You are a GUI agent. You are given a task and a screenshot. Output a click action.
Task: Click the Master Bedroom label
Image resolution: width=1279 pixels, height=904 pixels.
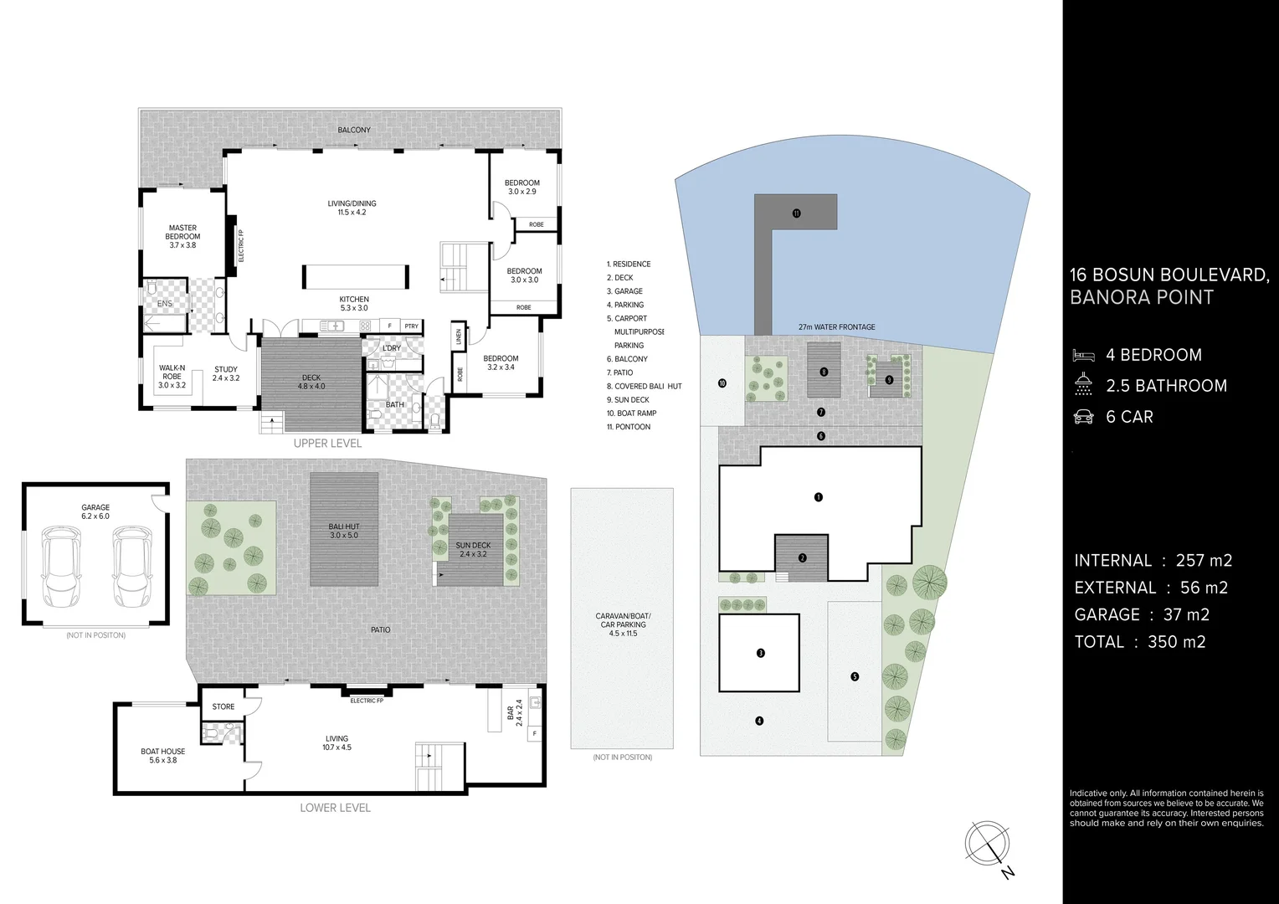(x=182, y=236)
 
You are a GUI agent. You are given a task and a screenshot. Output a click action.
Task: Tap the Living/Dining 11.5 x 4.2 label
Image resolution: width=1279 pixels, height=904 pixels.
(x=352, y=208)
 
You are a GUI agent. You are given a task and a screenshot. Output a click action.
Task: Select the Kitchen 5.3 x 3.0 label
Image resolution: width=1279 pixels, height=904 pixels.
(x=354, y=303)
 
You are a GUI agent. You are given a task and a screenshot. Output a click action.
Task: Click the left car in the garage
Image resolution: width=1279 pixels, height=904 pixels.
(x=60, y=560)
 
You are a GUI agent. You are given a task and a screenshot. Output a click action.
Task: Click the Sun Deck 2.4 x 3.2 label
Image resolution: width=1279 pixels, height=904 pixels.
(x=473, y=549)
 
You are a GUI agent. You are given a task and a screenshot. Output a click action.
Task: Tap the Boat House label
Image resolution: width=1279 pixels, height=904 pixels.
(x=162, y=756)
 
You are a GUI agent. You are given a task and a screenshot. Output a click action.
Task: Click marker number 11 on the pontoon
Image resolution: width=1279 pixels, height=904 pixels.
(x=796, y=213)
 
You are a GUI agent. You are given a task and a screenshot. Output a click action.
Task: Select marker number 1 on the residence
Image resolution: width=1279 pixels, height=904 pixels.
(x=819, y=497)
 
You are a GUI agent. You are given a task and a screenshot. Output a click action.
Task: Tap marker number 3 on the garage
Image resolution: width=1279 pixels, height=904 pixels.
(x=760, y=653)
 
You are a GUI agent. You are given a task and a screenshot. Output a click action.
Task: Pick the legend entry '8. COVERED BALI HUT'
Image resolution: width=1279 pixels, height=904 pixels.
(x=645, y=387)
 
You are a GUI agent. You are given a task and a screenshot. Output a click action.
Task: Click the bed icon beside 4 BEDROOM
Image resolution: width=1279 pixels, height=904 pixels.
(x=1083, y=355)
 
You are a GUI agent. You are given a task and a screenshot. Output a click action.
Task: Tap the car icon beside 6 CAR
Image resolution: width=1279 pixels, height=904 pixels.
(x=1083, y=417)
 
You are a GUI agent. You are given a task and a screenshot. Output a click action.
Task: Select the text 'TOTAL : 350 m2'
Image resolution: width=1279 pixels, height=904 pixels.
(x=1140, y=642)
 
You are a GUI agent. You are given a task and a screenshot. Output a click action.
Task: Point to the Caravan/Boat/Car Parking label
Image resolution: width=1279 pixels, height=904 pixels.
(x=622, y=624)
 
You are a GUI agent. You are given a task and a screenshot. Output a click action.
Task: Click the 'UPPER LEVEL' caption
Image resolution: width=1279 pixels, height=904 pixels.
(x=327, y=443)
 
